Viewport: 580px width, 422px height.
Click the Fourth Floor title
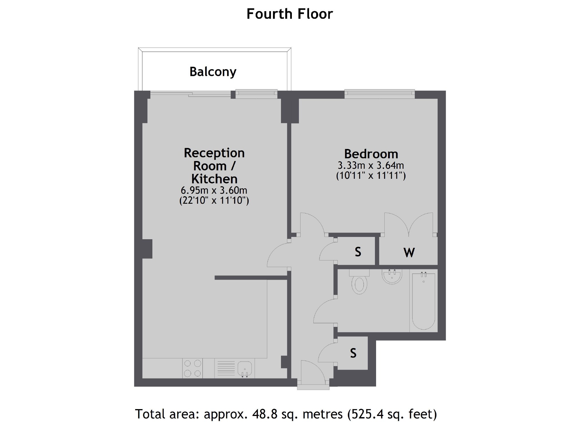[290, 14]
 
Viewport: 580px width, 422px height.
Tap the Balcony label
[213, 72]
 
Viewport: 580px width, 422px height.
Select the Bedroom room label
[371, 154]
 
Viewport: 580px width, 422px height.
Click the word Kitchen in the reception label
[214, 179]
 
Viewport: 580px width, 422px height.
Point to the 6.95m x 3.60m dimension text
[214, 190]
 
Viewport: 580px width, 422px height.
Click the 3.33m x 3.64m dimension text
[371, 165]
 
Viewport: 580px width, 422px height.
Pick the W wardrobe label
[409, 252]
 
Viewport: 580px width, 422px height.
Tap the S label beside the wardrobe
[358, 252]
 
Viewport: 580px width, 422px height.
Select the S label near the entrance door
[353, 353]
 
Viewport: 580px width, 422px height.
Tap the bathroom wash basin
[392, 276]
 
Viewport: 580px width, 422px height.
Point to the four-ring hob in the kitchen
[192, 368]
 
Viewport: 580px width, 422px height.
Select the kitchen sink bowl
[245, 368]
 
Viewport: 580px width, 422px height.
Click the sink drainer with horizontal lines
[226, 368]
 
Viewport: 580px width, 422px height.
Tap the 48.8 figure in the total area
[261, 414]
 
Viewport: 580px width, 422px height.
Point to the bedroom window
[380, 94]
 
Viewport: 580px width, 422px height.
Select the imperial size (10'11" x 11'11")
[371, 175]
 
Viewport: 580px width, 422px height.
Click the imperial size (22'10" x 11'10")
[214, 200]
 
